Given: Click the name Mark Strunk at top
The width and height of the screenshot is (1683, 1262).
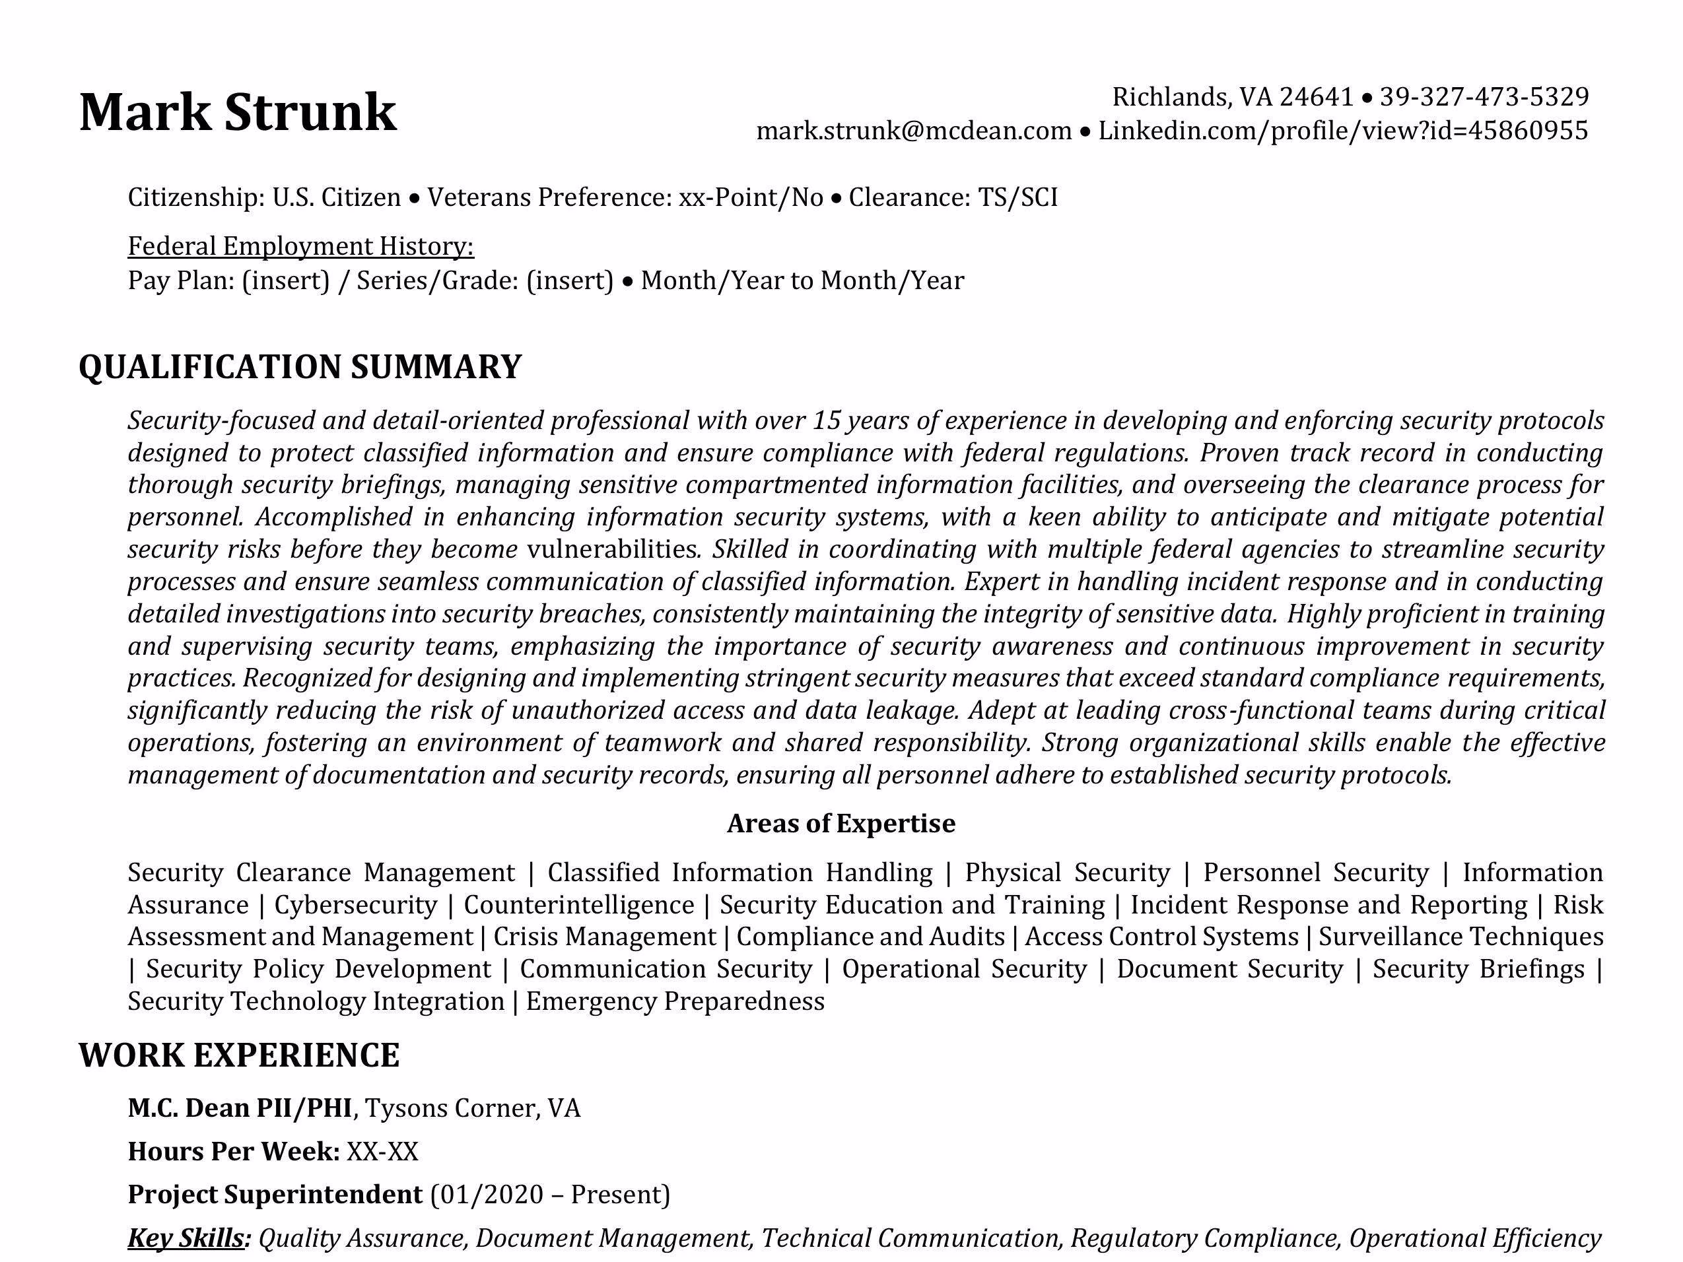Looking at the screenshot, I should [238, 113].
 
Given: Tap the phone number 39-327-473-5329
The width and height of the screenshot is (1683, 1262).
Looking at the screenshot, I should [1484, 96].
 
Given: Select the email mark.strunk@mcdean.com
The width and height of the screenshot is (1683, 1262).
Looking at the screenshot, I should [913, 131].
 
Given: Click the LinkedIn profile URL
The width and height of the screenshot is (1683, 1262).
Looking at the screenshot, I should [1343, 131].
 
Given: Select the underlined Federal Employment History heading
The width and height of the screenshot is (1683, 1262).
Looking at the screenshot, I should [300, 246].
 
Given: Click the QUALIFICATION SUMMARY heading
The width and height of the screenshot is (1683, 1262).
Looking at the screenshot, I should [300, 367].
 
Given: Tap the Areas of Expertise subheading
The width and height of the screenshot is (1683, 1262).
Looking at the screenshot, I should [841, 823].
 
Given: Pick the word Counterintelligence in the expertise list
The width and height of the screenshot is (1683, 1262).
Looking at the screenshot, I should [578, 905].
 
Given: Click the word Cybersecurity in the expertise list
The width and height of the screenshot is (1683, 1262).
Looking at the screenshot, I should [355, 905].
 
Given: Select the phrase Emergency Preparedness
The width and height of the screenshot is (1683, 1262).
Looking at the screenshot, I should [675, 1001].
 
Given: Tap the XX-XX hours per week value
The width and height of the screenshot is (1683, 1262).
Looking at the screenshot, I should [382, 1152].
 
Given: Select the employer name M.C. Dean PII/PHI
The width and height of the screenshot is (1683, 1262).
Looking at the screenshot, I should [240, 1108].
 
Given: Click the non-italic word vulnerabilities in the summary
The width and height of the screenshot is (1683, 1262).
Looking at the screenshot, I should [613, 549].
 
